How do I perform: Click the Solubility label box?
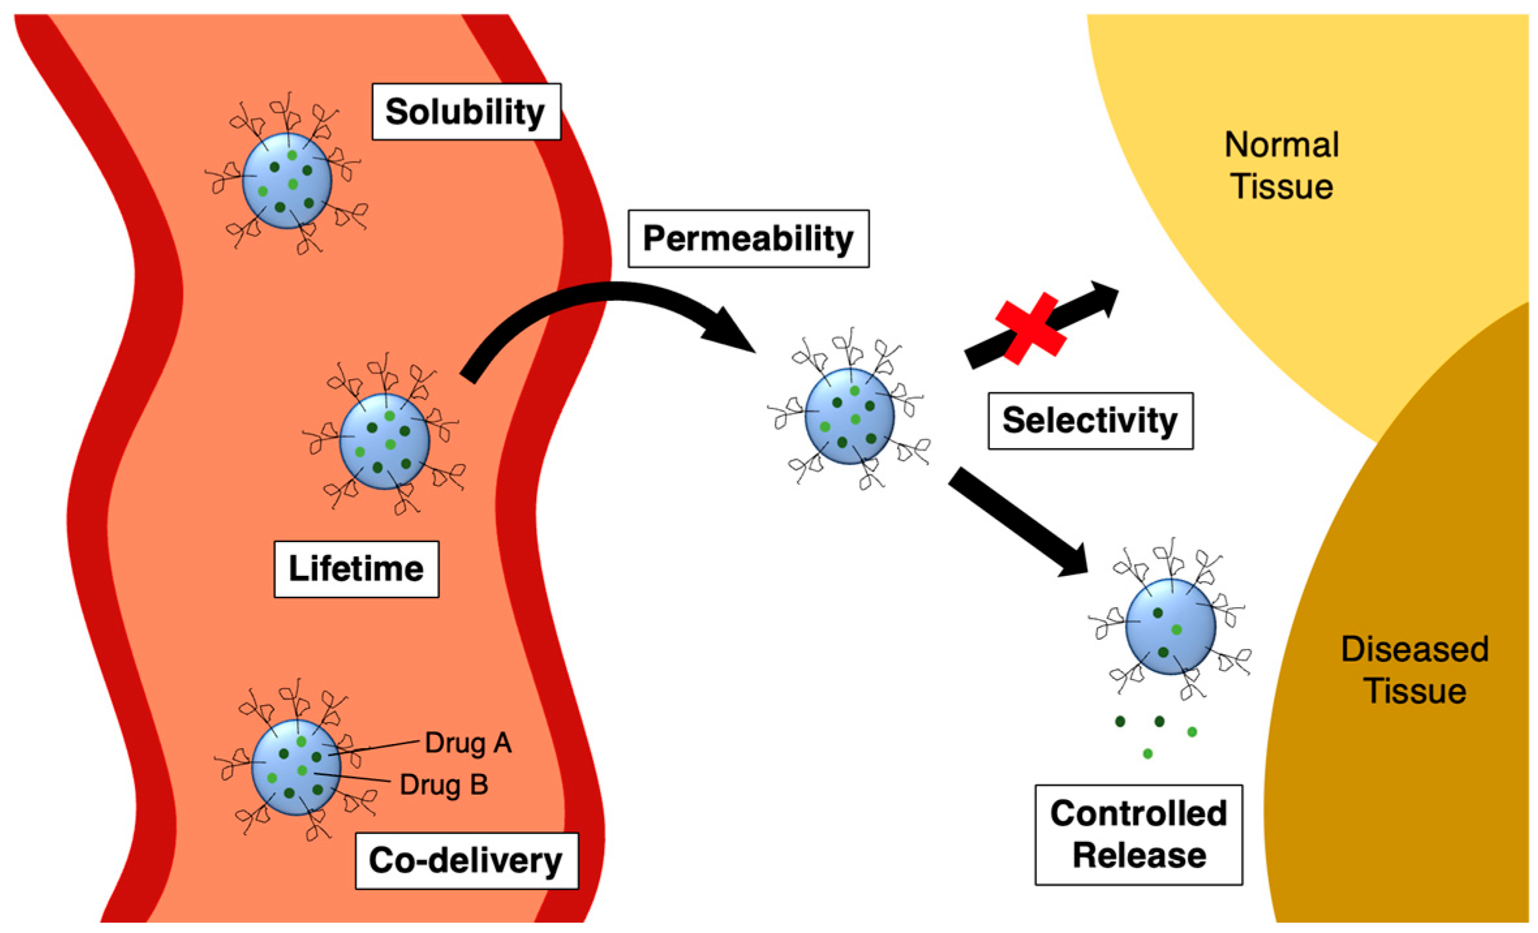[466, 111]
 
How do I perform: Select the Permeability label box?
[748, 238]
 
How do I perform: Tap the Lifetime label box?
[356, 569]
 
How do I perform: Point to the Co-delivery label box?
[466, 860]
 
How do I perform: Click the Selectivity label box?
[1090, 421]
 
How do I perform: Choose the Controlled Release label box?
[1138, 834]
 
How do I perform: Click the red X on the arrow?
[1030, 328]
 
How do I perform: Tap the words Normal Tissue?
[1281, 165]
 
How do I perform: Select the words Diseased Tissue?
[1414, 670]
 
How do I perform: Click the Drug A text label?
[468, 743]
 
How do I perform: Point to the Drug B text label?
[444, 784]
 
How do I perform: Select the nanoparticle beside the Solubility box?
[287, 180]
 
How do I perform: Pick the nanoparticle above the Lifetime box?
[384, 441]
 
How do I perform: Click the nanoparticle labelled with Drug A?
[296, 767]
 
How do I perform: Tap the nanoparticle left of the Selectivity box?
[849, 416]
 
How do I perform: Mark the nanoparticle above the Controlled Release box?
[1170, 625]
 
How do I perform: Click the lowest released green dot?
[1147, 754]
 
